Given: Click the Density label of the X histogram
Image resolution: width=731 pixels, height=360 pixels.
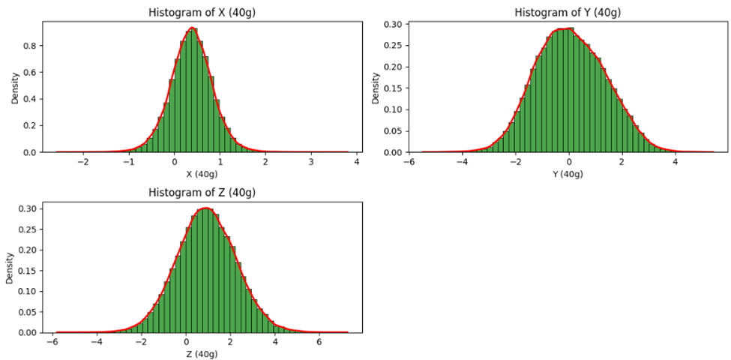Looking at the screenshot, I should point(15,88).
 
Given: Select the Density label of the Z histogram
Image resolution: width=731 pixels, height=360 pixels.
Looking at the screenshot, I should point(10,268).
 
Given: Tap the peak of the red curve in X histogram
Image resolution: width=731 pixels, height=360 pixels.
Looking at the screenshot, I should point(193,28).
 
